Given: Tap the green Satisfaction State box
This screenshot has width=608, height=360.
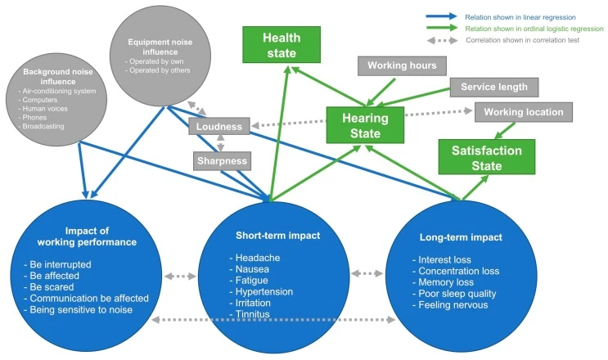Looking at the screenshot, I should (486, 156).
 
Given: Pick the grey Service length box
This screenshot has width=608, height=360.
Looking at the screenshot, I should (493, 87).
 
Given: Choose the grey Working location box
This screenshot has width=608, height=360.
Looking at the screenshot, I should (518, 112).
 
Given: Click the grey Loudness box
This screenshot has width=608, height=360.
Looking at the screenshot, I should (218, 127).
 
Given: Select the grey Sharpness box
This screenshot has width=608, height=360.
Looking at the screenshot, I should (220, 161).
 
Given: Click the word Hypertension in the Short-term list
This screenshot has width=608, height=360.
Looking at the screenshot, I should (262, 290).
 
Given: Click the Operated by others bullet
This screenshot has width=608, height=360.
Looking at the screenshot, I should (155, 70).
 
